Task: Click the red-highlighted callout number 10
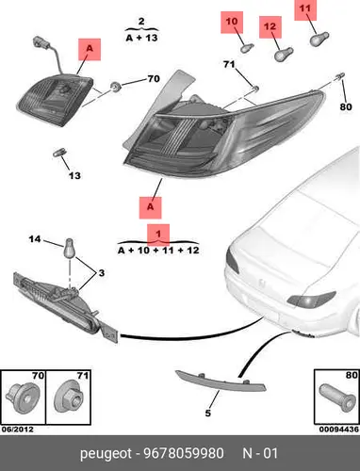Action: coord(232,22)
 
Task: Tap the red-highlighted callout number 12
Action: coord(270,26)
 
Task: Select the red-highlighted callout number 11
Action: coord(305,8)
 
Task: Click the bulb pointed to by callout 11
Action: coord(319,40)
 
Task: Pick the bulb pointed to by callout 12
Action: coord(284,55)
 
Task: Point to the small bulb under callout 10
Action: coord(247,48)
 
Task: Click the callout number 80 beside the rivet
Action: coord(346,106)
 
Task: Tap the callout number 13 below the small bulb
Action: coord(74,175)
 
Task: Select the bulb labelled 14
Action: coord(69,248)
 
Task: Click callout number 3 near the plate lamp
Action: coord(101,273)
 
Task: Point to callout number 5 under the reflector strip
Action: coord(207,413)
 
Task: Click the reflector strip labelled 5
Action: coord(221,382)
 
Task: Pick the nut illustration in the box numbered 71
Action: coord(69,398)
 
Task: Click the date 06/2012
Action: coord(18,430)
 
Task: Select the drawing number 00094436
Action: coord(338,430)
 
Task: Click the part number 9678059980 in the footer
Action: coord(184,453)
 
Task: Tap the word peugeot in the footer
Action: coord(106,454)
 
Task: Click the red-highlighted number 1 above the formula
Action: coord(158,234)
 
